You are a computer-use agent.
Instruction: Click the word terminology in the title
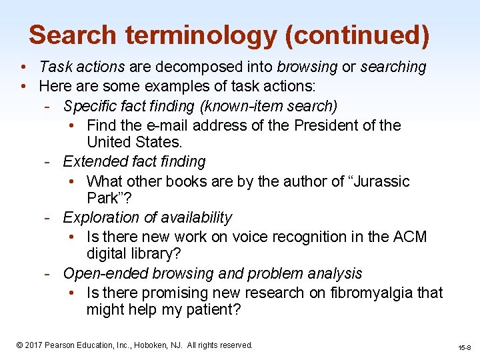[198, 35]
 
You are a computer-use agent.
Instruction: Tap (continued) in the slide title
[357, 35]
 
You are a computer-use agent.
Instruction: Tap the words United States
[133, 142]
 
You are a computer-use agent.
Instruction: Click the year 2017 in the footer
[35, 345]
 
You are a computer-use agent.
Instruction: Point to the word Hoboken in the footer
[151, 345]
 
